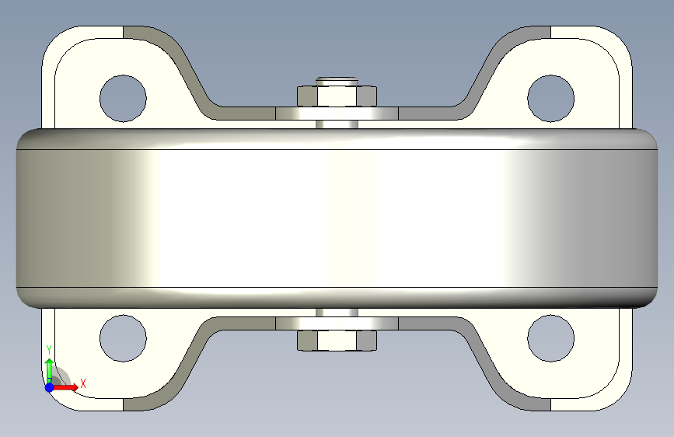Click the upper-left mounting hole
[123, 99]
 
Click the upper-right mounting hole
[550, 99]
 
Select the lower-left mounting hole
[123, 338]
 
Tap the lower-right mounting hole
[550, 338]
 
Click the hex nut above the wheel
[337, 96]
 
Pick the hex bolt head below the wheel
[337, 341]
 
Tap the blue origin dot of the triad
[50, 387]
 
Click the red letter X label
[83, 383]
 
